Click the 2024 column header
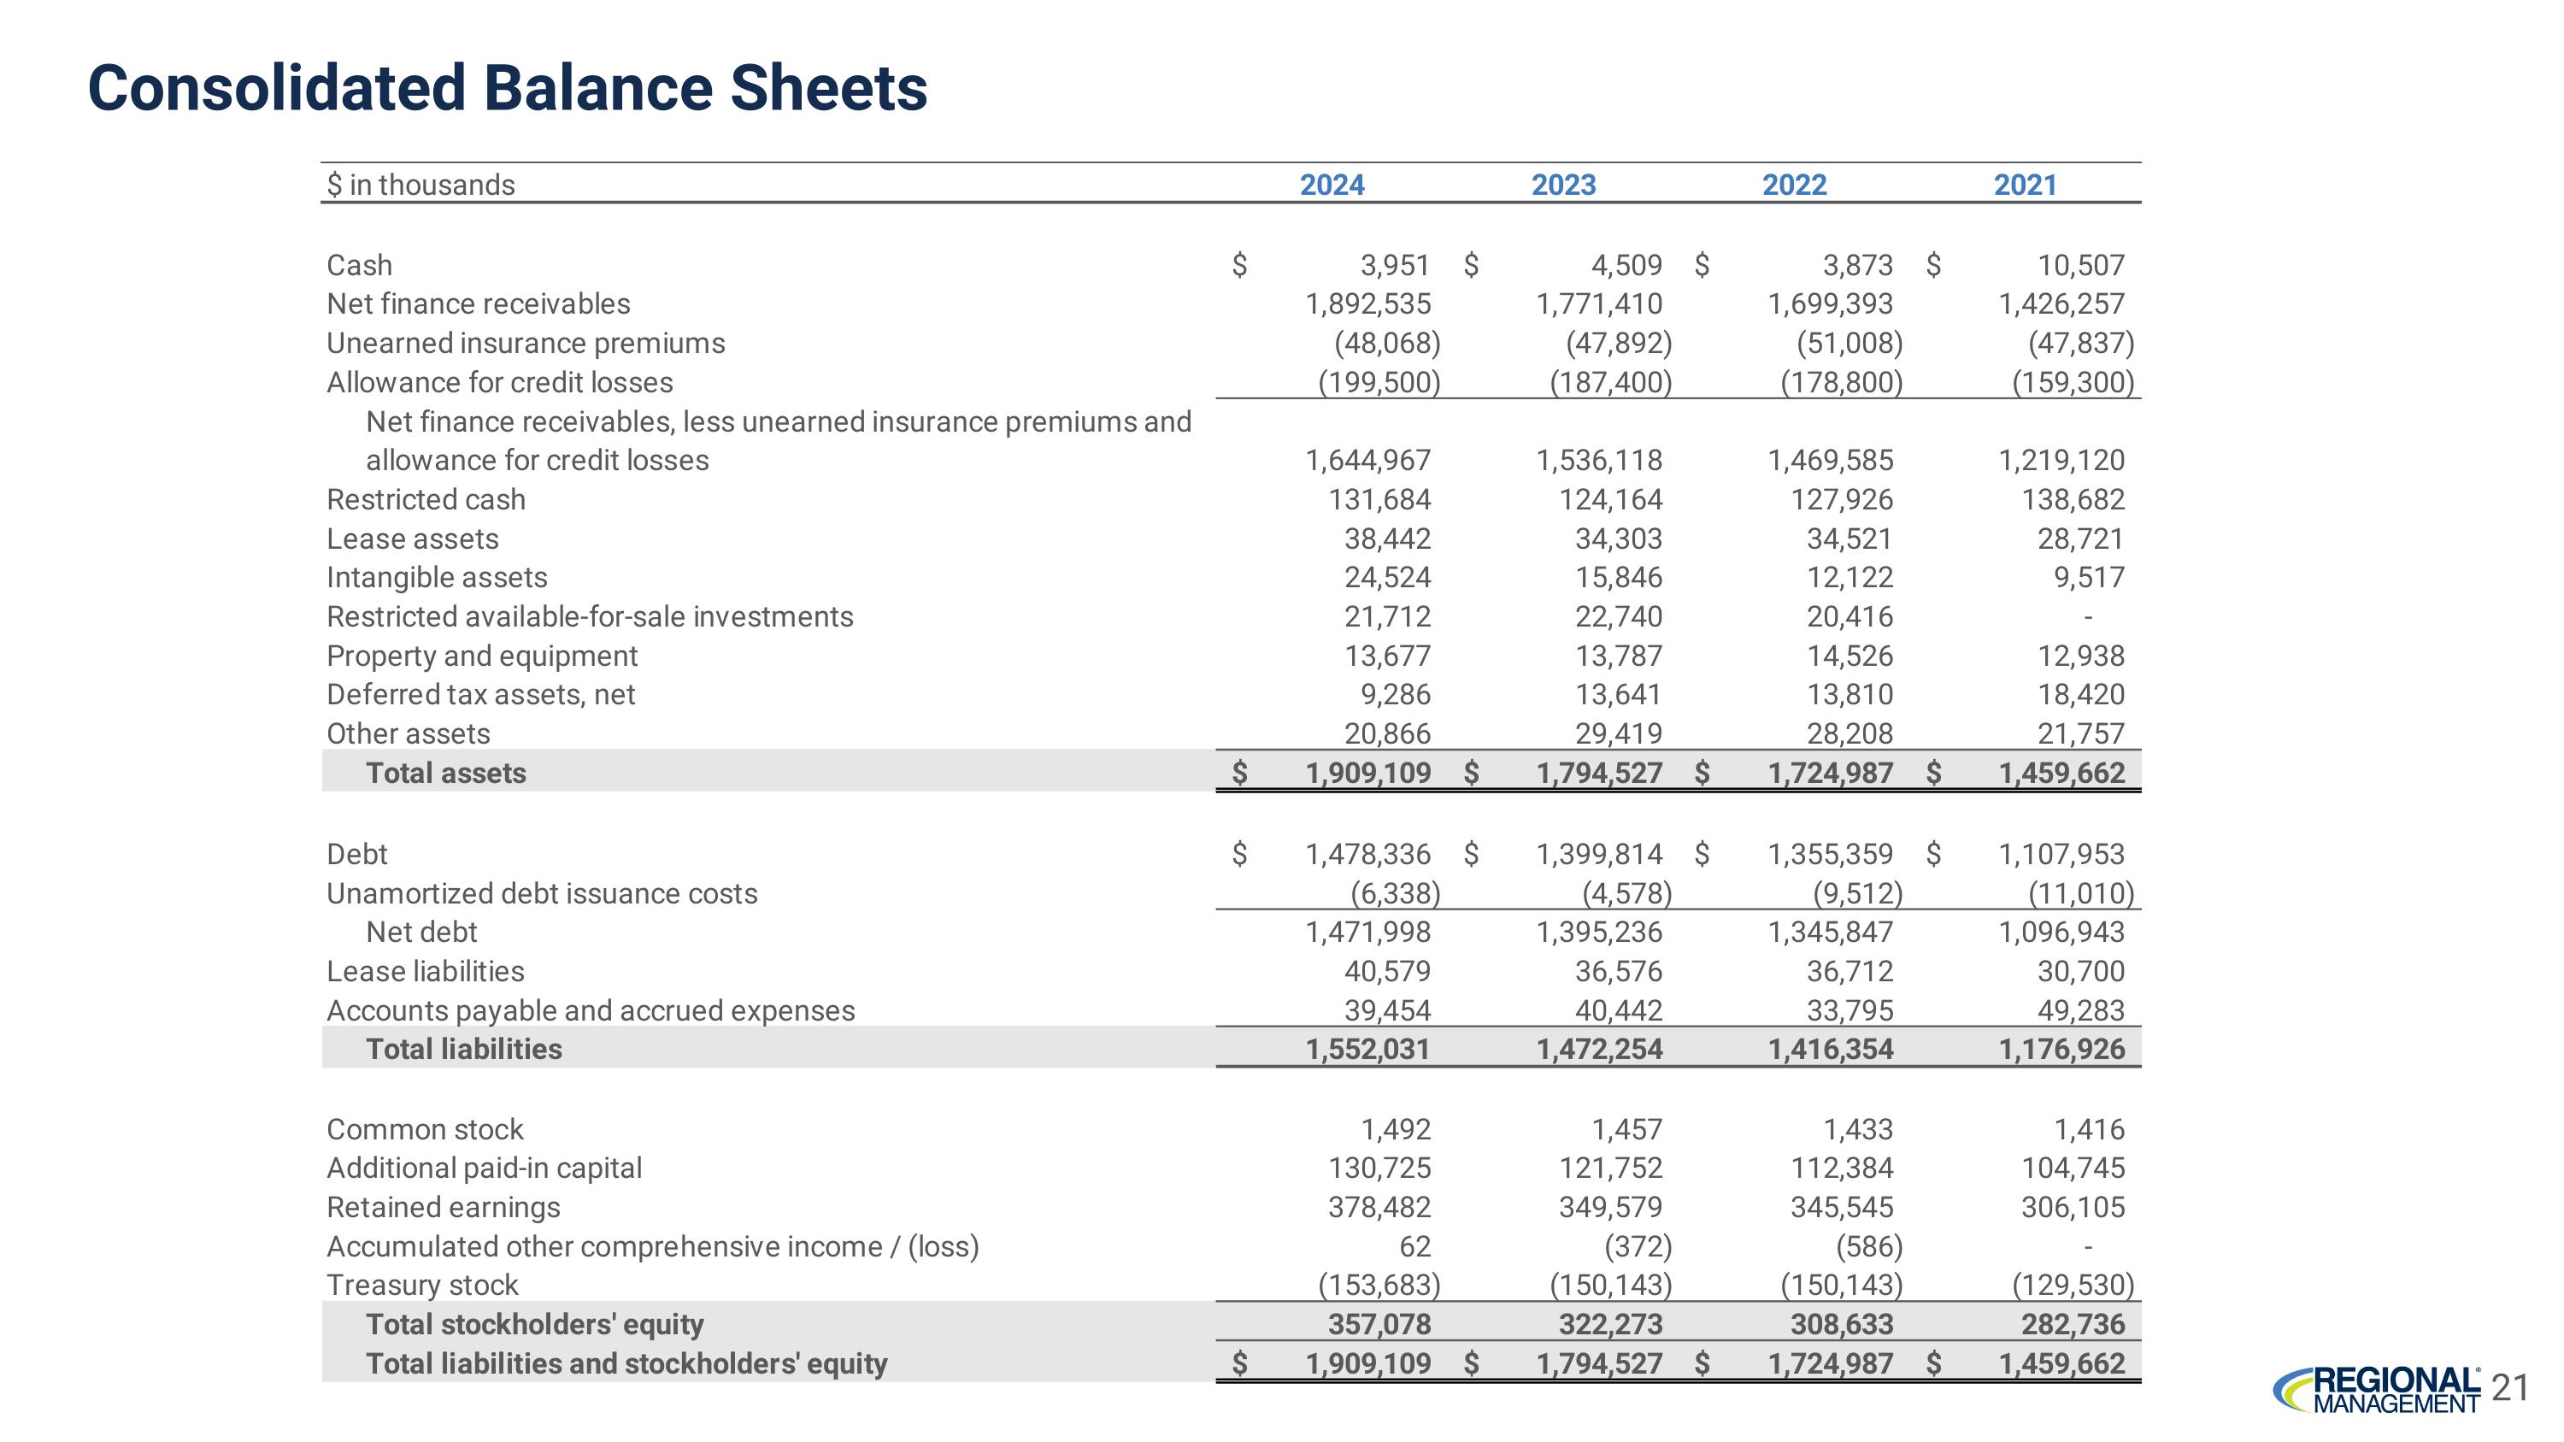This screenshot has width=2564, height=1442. tap(1331, 185)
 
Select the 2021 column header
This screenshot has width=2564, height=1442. tap(2024, 185)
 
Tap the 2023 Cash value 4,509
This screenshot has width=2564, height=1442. tap(1626, 266)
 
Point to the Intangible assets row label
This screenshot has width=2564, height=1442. tap(437, 577)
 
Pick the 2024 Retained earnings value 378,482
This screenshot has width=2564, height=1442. tap(1379, 1207)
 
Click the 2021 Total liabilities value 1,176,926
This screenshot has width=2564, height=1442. tap(2061, 1049)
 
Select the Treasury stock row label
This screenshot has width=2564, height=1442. tap(422, 1285)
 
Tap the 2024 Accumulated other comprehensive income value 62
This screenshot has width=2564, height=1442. tap(1414, 1246)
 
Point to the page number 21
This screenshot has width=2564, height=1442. tap(2510, 1387)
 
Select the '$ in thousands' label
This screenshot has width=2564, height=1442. tap(421, 185)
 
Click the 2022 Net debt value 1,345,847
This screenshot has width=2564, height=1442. tap(1830, 933)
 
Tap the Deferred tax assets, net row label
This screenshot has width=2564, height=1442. tap(480, 695)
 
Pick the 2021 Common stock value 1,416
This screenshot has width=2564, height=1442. tap(2088, 1129)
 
